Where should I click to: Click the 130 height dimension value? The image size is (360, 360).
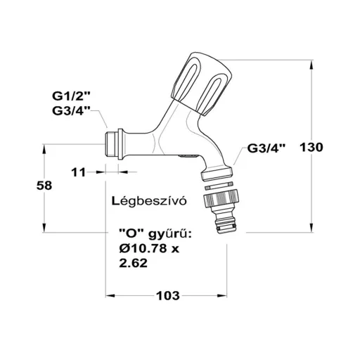click(311, 148)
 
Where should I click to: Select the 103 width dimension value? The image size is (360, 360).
click(168, 296)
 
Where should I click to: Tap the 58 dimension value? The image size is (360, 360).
click(44, 186)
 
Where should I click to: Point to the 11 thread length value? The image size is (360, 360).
click(79, 173)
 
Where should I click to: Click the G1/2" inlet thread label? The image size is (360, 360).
click(71, 96)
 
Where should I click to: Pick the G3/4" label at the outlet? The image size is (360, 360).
click(266, 148)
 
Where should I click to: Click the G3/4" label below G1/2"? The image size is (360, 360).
click(71, 111)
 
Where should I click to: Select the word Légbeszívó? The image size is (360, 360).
click(149, 201)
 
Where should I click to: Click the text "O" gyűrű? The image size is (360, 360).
click(155, 235)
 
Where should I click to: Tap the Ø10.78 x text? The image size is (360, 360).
click(149, 249)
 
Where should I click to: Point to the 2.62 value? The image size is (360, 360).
click(133, 263)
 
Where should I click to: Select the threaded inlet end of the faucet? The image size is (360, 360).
click(110, 144)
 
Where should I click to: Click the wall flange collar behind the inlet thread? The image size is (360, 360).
click(120, 144)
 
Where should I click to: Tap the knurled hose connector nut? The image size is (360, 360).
click(221, 198)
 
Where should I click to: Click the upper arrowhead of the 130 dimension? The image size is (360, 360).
click(311, 65)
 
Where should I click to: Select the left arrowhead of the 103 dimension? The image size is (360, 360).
click(110, 296)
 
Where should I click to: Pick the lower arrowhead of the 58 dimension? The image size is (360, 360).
click(44, 228)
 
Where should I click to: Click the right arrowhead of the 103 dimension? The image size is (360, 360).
click(222, 296)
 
